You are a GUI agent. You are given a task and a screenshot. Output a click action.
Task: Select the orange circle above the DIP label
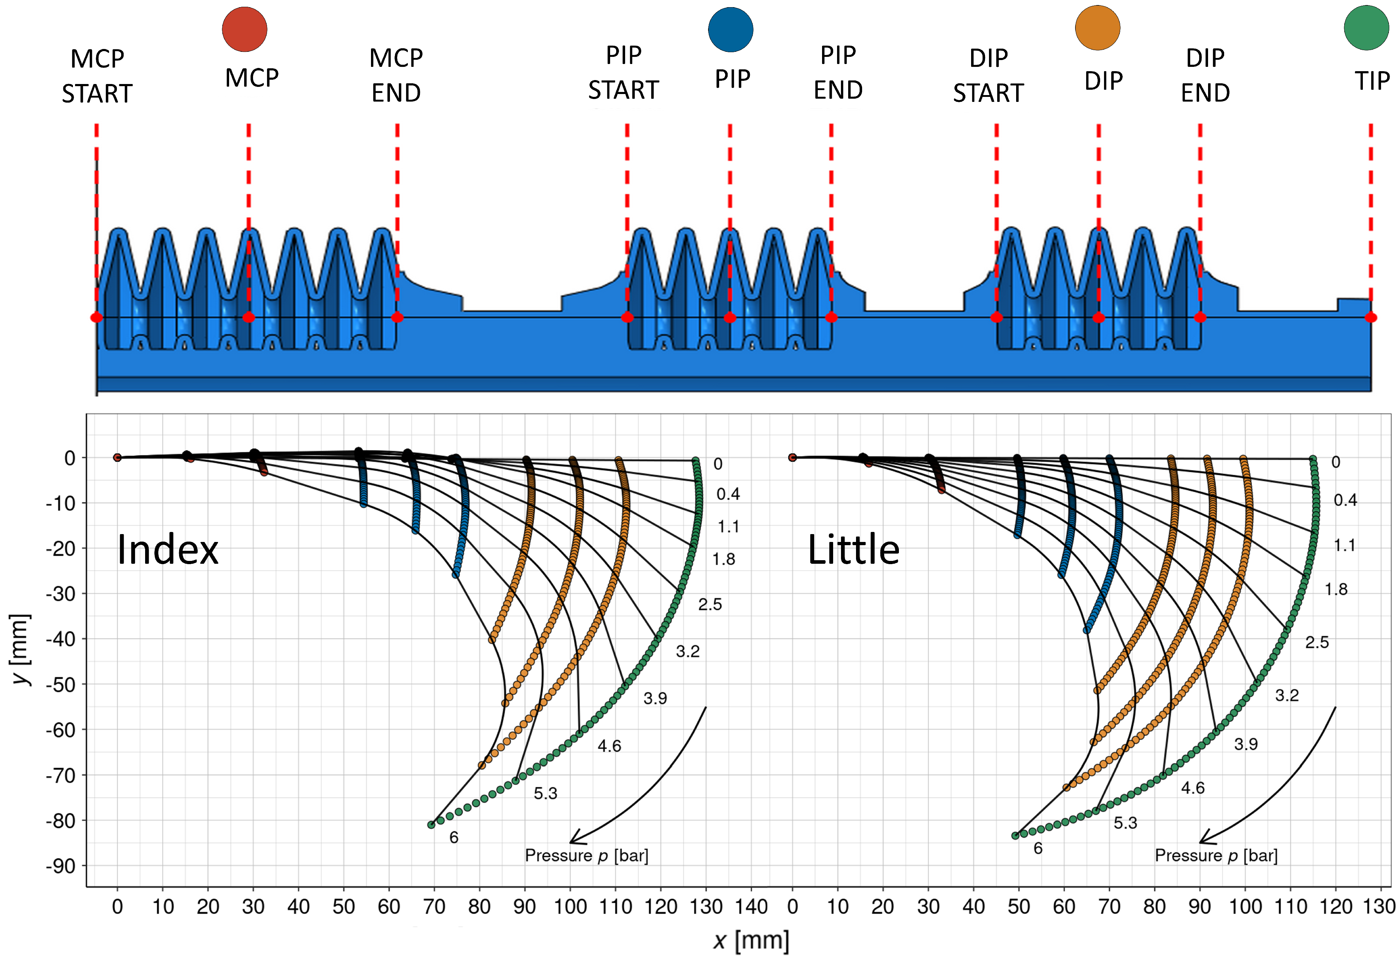1098,28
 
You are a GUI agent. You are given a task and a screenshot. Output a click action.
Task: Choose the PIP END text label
838,72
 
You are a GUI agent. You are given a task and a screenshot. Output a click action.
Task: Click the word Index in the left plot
168,550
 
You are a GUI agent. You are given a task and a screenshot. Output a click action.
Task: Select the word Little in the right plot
854,550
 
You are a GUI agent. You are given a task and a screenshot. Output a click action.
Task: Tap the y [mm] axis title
21,649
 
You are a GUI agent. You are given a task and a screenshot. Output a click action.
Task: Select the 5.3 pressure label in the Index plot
545,793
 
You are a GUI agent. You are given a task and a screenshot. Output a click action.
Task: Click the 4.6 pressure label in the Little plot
1193,788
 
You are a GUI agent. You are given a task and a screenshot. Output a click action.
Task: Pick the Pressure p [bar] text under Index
587,855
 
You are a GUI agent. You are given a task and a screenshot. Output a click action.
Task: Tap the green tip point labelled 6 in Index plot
431,825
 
